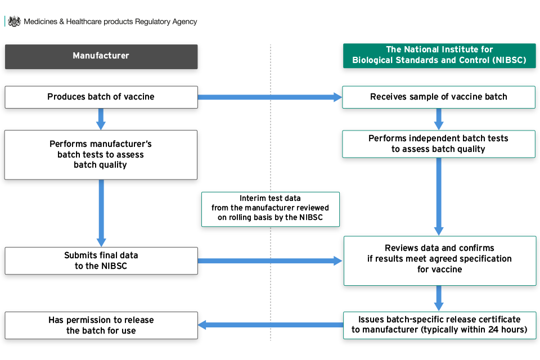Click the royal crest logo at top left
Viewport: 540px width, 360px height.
(x=14, y=21)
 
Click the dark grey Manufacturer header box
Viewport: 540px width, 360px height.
(x=101, y=56)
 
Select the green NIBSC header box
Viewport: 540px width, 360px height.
(x=439, y=56)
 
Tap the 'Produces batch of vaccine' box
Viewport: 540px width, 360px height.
(x=101, y=97)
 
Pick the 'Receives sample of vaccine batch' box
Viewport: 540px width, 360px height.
(x=439, y=97)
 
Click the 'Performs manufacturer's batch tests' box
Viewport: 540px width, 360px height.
(x=101, y=155)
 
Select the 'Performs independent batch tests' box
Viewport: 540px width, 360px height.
(x=439, y=144)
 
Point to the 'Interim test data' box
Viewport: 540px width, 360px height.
(x=271, y=209)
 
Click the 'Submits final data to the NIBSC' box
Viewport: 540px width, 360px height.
(x=101, y=261)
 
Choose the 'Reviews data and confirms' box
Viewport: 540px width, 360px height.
(x=440, y=261)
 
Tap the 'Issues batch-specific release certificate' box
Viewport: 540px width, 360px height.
(x=440, y=325)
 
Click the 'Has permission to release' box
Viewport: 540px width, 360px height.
(x=101, y=325)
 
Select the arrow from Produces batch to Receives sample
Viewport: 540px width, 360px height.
(x=270, y=97)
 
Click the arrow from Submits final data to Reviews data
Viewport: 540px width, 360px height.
(x=270, y=261)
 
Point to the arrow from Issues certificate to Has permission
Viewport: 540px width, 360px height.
(x=271, y=325)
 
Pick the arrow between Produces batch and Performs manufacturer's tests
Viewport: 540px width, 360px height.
(x=101, y=119)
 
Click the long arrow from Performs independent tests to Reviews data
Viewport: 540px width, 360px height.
(x=439, y=197)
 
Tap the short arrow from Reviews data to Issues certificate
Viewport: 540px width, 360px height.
(x=439, y=298)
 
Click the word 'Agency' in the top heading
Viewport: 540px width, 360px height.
(x=184, y=22)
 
